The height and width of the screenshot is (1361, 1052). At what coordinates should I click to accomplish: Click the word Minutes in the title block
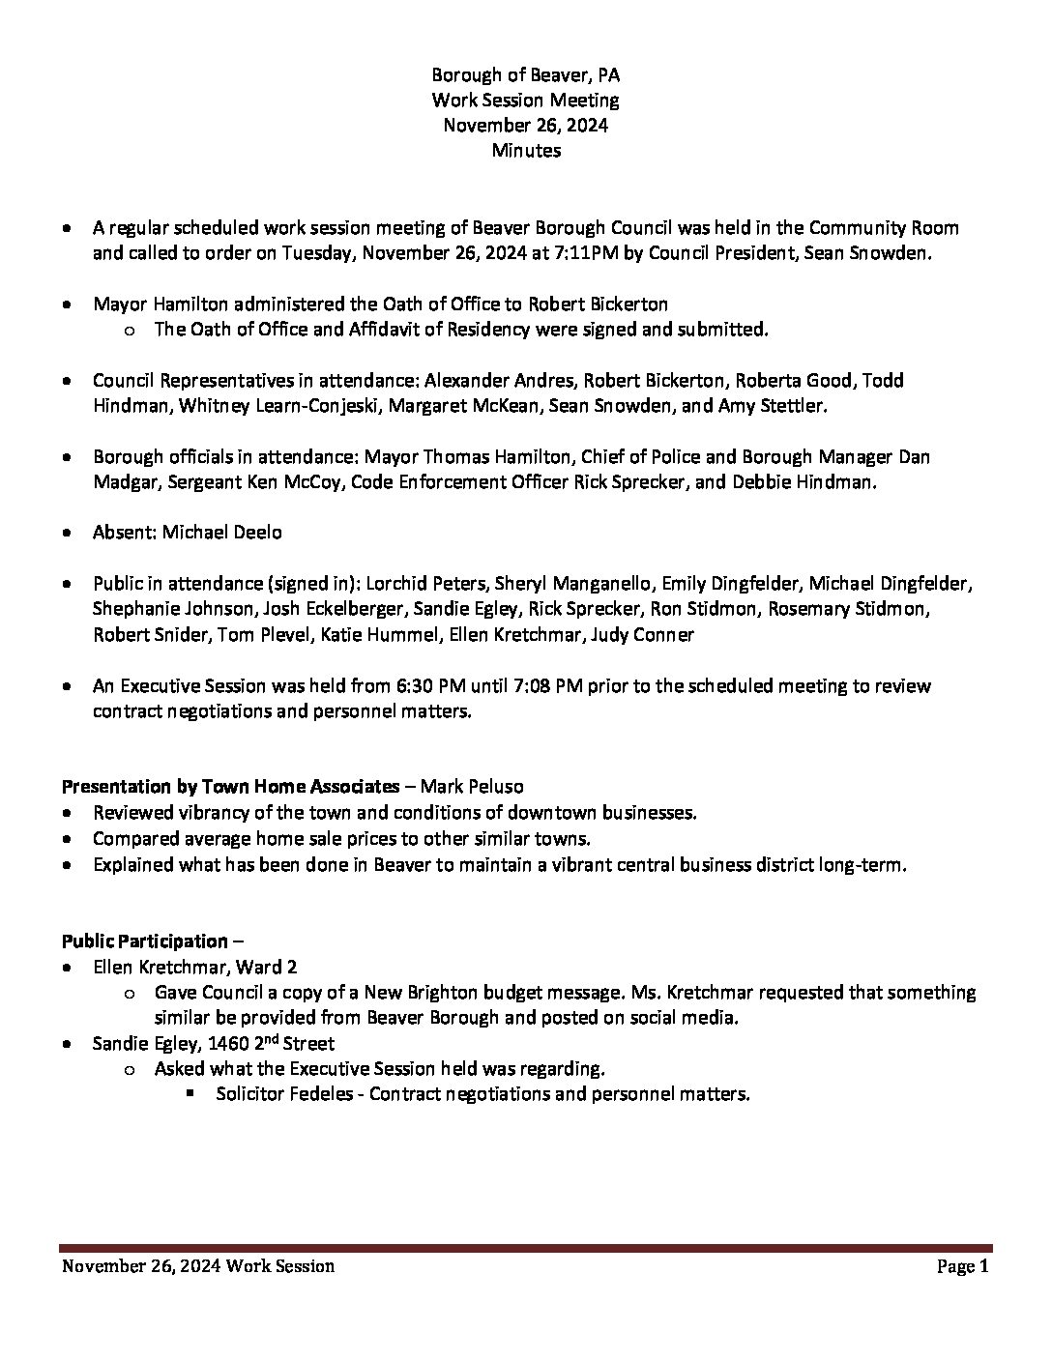point(526,151)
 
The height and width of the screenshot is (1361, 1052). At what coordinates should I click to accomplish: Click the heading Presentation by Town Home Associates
point(230,787)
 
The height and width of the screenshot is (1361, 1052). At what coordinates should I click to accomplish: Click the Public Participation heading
point(144,941)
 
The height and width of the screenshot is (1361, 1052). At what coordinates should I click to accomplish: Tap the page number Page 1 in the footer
point(962,1266)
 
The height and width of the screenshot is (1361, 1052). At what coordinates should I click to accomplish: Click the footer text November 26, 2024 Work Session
point(198,1266)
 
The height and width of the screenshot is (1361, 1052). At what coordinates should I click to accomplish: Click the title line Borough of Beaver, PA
point(526,75)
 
